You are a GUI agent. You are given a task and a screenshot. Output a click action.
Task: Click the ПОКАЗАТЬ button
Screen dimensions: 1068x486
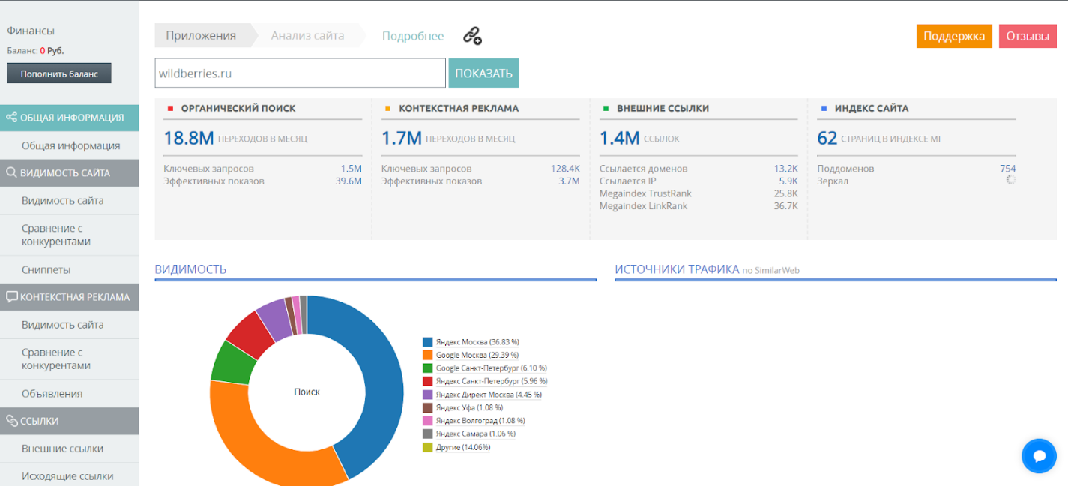point(483,73)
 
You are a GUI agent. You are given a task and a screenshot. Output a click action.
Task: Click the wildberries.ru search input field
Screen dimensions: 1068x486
point(300,73)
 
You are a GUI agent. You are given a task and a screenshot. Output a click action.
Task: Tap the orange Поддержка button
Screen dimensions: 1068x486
point(953,36)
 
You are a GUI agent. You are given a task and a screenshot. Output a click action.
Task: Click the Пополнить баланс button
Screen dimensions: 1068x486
point(59,73)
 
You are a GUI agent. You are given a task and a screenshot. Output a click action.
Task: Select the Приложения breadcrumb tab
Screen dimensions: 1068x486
point(201,36)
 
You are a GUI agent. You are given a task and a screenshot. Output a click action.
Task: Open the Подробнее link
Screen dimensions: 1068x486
point(413,36)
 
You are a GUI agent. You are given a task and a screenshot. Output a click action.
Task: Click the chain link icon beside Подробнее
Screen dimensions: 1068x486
point(472,36)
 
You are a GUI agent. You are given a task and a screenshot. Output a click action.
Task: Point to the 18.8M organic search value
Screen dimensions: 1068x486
point(189,138)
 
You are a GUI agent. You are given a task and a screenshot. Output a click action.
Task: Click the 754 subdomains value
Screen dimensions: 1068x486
point(1007,168)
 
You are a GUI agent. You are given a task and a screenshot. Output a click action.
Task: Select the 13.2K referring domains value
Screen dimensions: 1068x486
point(785,168)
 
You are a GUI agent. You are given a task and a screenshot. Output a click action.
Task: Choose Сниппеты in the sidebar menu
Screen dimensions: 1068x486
point(46,269)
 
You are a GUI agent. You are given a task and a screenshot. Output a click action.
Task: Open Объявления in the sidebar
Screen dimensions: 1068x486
point(52,394)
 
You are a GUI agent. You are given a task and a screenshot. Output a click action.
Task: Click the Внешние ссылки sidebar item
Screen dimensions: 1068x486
point(62,448)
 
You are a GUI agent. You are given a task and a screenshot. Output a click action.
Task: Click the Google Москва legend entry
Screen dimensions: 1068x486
point(471,355)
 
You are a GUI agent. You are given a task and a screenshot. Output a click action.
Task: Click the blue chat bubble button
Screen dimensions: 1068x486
point(1039,456)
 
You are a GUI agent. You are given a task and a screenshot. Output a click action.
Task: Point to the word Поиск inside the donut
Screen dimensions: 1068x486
point(307,391)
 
